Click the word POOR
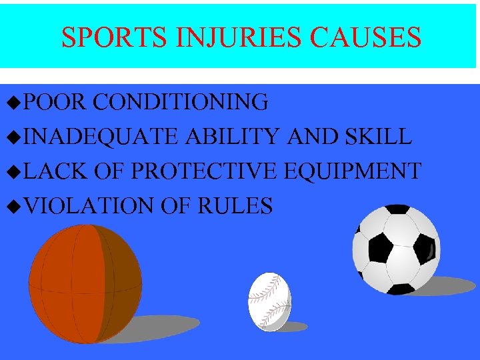coord(57,102)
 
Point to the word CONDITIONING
coord(181,102)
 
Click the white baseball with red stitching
coord(270,301)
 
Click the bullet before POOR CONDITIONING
coord(18,103)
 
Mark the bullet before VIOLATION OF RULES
coord(18,207)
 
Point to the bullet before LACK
coord(18,172)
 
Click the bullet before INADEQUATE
coord(18,137)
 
